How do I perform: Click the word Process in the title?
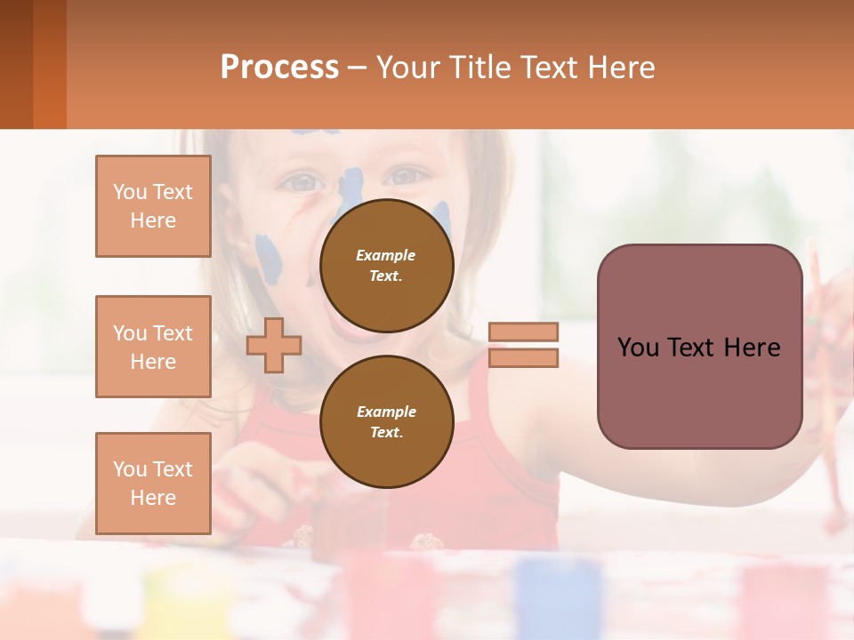coord(279,68)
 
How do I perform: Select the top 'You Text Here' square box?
coord(153,206)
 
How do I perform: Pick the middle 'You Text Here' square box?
coord(153,347)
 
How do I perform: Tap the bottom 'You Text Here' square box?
coord(153,483)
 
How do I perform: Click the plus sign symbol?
coord(274,345)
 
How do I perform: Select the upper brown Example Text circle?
coord(386,266)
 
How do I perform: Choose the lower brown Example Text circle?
coord(386,421)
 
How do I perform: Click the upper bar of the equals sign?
coord(523,332)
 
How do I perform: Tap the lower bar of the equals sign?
coord(523,357)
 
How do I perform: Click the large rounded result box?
coord(699,347)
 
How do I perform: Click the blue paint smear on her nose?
coord(350,191)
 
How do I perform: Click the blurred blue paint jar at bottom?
coord(558,596)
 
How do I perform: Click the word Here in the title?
coord(619,68)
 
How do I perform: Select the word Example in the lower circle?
coord(386,412)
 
